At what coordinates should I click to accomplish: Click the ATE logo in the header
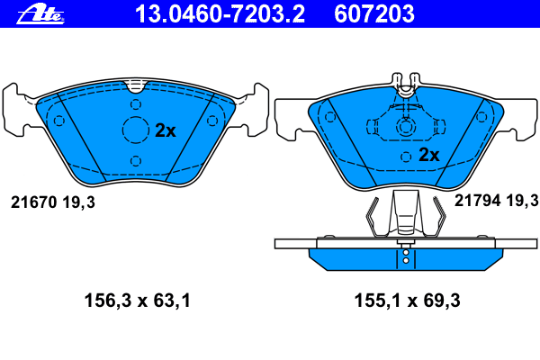tap(40, 13)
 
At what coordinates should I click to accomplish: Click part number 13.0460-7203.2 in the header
tap(220, 13)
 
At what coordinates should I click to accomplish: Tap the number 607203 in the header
tap(374, 13)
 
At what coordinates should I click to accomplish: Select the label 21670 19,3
tap(53, 202)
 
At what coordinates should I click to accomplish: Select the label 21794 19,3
tap(496, 200)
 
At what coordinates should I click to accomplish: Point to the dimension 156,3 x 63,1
tap(138, 301)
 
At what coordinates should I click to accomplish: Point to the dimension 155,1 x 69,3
tap(408, 301)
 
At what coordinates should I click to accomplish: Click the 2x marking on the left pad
tap(166, 130)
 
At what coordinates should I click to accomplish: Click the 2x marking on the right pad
tap(428, 155)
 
